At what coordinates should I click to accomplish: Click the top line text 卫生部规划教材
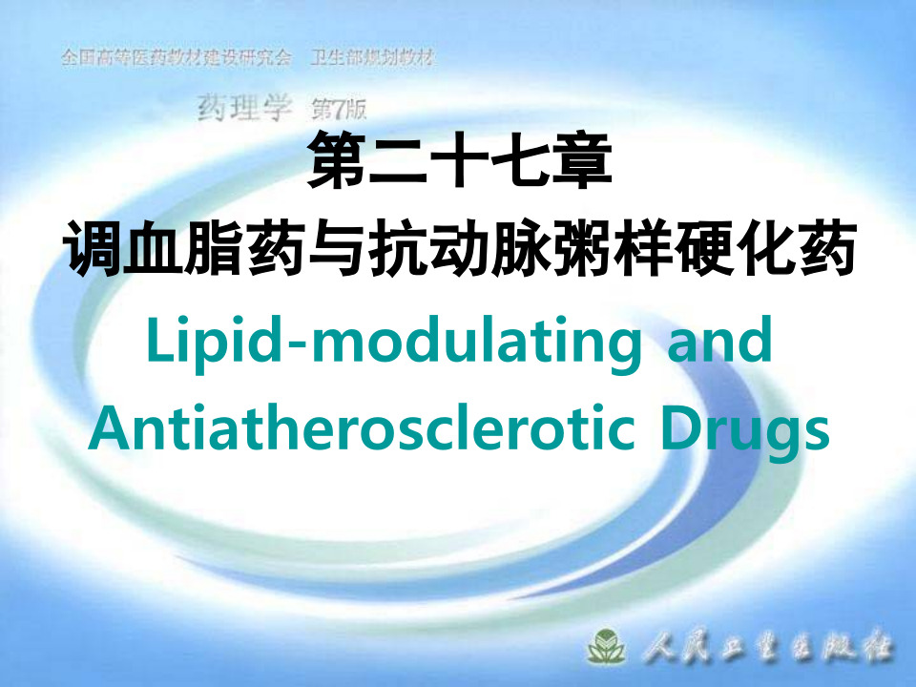pyautogui.click(x=373, y=58)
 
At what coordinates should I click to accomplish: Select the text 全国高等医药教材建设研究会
pyautogui.click(x=176, y=58)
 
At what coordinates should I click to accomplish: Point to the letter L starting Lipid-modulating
pyautogui.click(x=157, y=341)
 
